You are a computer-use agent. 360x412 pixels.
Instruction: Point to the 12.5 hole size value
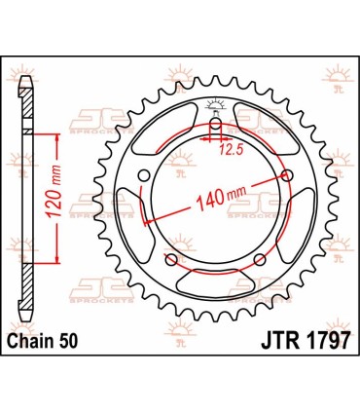tap(229, 148)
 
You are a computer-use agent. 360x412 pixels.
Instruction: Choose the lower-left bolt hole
tap(171, 262)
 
